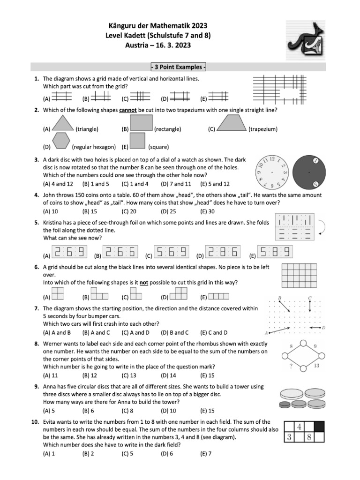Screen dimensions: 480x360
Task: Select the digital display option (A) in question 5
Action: tap(69, 253)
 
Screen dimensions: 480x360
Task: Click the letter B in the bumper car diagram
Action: tap(279, 298)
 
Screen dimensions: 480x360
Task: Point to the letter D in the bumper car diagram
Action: tap(324, 327)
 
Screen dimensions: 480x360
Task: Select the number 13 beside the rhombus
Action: tap(316, 366)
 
